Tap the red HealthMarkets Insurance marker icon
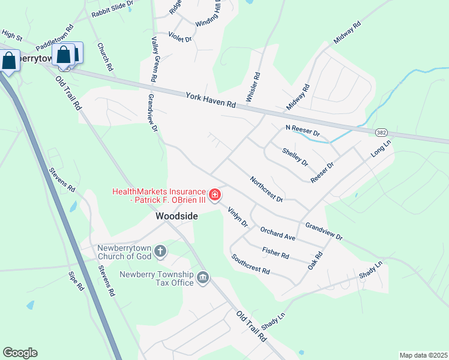(x=214, y=196)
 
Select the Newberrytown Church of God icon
(x=160, y=251)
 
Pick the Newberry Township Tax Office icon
(x=203, y=277)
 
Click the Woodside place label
(x=176, y=215)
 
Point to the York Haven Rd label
(x=211, y=100)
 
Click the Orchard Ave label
(x=277, y=233)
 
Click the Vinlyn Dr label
(x=238, y=217)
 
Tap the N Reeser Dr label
(x=303, y=130)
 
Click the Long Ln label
(x=381, y=148)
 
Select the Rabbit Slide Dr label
(x=112, y=8)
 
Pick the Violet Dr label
(x=179, y=38)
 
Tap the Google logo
(x=20, y=353)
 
